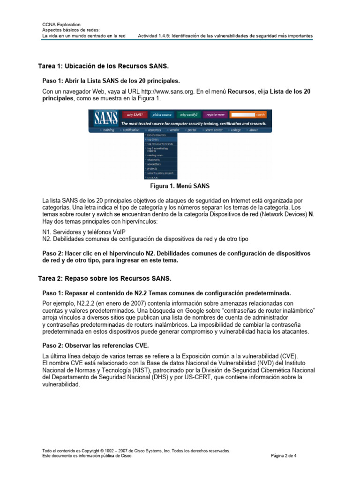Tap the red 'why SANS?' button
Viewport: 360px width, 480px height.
[x=135, y=114]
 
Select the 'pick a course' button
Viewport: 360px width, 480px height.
[x=163, y=114]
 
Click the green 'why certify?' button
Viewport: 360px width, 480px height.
[x=189, y=114]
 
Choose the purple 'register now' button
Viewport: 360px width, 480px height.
[x=215, y=114]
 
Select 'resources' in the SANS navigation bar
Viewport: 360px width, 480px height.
[x=154, y=130]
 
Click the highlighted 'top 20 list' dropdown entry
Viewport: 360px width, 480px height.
[x=153, y=139]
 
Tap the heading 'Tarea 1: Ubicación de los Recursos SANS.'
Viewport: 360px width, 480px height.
[x=103, y=66]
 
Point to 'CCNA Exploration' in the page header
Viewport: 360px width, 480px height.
[x=61, y=24]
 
